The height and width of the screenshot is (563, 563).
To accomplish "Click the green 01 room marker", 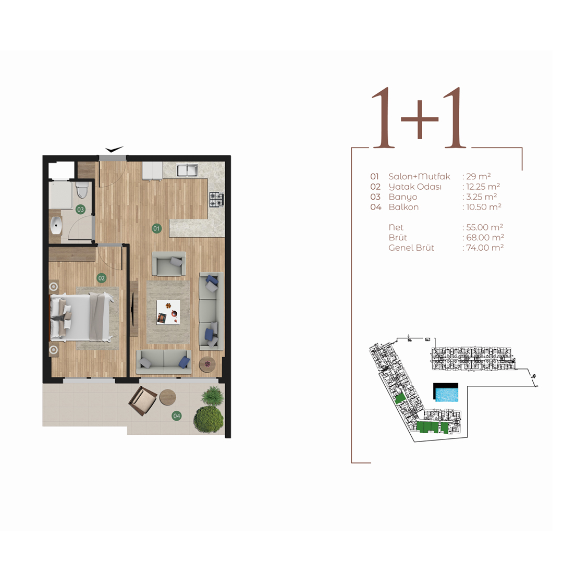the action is point(156,228).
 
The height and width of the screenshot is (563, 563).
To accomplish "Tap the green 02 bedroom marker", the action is point(101,278).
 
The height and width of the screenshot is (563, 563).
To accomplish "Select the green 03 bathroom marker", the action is point(80,210).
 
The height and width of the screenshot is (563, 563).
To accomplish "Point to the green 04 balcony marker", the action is point(176,416).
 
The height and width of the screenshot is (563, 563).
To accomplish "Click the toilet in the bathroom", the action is point(82,190).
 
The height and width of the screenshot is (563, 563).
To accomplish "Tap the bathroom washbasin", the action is point(56,226).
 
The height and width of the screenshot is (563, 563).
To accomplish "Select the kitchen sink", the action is point(187,170).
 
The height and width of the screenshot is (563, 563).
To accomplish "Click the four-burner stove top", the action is point(216,200).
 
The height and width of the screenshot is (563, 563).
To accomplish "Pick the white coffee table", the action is point(168,312).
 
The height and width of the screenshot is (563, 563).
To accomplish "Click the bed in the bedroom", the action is point(81,317).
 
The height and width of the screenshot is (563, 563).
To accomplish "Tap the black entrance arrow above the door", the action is point(114,149).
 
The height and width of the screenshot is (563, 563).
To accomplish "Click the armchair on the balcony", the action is point(142,401).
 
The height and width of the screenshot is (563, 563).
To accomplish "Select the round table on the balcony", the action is point(168,397).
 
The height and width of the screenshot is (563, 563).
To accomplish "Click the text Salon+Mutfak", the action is point(419,176).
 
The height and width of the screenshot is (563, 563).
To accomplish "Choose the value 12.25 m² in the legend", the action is point(483,186).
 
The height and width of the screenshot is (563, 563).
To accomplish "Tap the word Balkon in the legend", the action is point(403,207).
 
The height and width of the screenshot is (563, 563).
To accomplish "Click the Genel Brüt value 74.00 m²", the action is point(485,248).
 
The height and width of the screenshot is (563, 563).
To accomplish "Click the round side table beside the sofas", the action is point(207,364).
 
